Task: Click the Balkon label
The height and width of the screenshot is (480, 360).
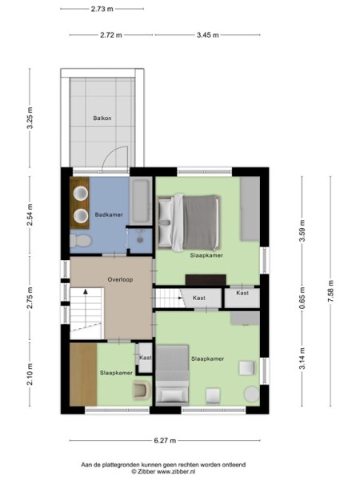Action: pyautogui.click(x=102, y=118)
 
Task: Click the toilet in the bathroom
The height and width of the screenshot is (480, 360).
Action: pyautogui.click(x=79, y=240)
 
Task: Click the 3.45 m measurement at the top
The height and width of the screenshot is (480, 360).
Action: pyautogui.click(x=208, y=35)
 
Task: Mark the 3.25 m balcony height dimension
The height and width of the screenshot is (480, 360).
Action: pyautogui.click(x=30, y=118)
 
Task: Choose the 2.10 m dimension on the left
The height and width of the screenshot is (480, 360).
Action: pyautogui.click(x=30, y=375)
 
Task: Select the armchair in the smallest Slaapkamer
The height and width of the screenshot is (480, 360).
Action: pyautogui.click(x=140, y=390)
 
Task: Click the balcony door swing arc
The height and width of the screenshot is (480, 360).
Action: pyautogui.click(x=116, y=158)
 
